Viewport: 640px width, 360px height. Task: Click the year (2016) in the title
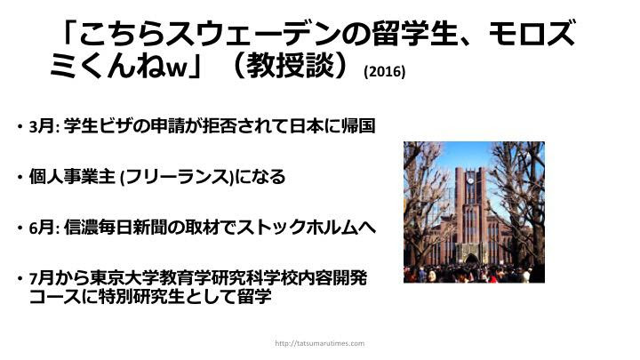tap(385, 72)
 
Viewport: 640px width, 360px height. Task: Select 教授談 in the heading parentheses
tap(290, 65)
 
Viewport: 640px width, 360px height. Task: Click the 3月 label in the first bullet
tap(43, 125)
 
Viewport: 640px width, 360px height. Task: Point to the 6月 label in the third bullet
tap(43, 228)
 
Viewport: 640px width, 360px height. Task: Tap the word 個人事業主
tap(72, 177)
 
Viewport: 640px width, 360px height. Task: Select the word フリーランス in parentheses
tap(177, 177)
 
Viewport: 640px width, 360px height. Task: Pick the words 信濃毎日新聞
tap(116, 228)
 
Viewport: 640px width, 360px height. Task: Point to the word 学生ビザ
tap(99, 125)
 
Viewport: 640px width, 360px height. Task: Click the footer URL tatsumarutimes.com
tap(320, 343)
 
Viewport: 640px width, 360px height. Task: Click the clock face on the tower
tap(470, 180)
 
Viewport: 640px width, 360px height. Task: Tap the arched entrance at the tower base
tap(472, 260)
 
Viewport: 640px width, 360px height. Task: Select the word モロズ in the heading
tap(532, 34)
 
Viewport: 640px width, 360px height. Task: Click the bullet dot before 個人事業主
tap(20, 178)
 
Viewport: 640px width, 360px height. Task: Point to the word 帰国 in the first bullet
tap(358, 125)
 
